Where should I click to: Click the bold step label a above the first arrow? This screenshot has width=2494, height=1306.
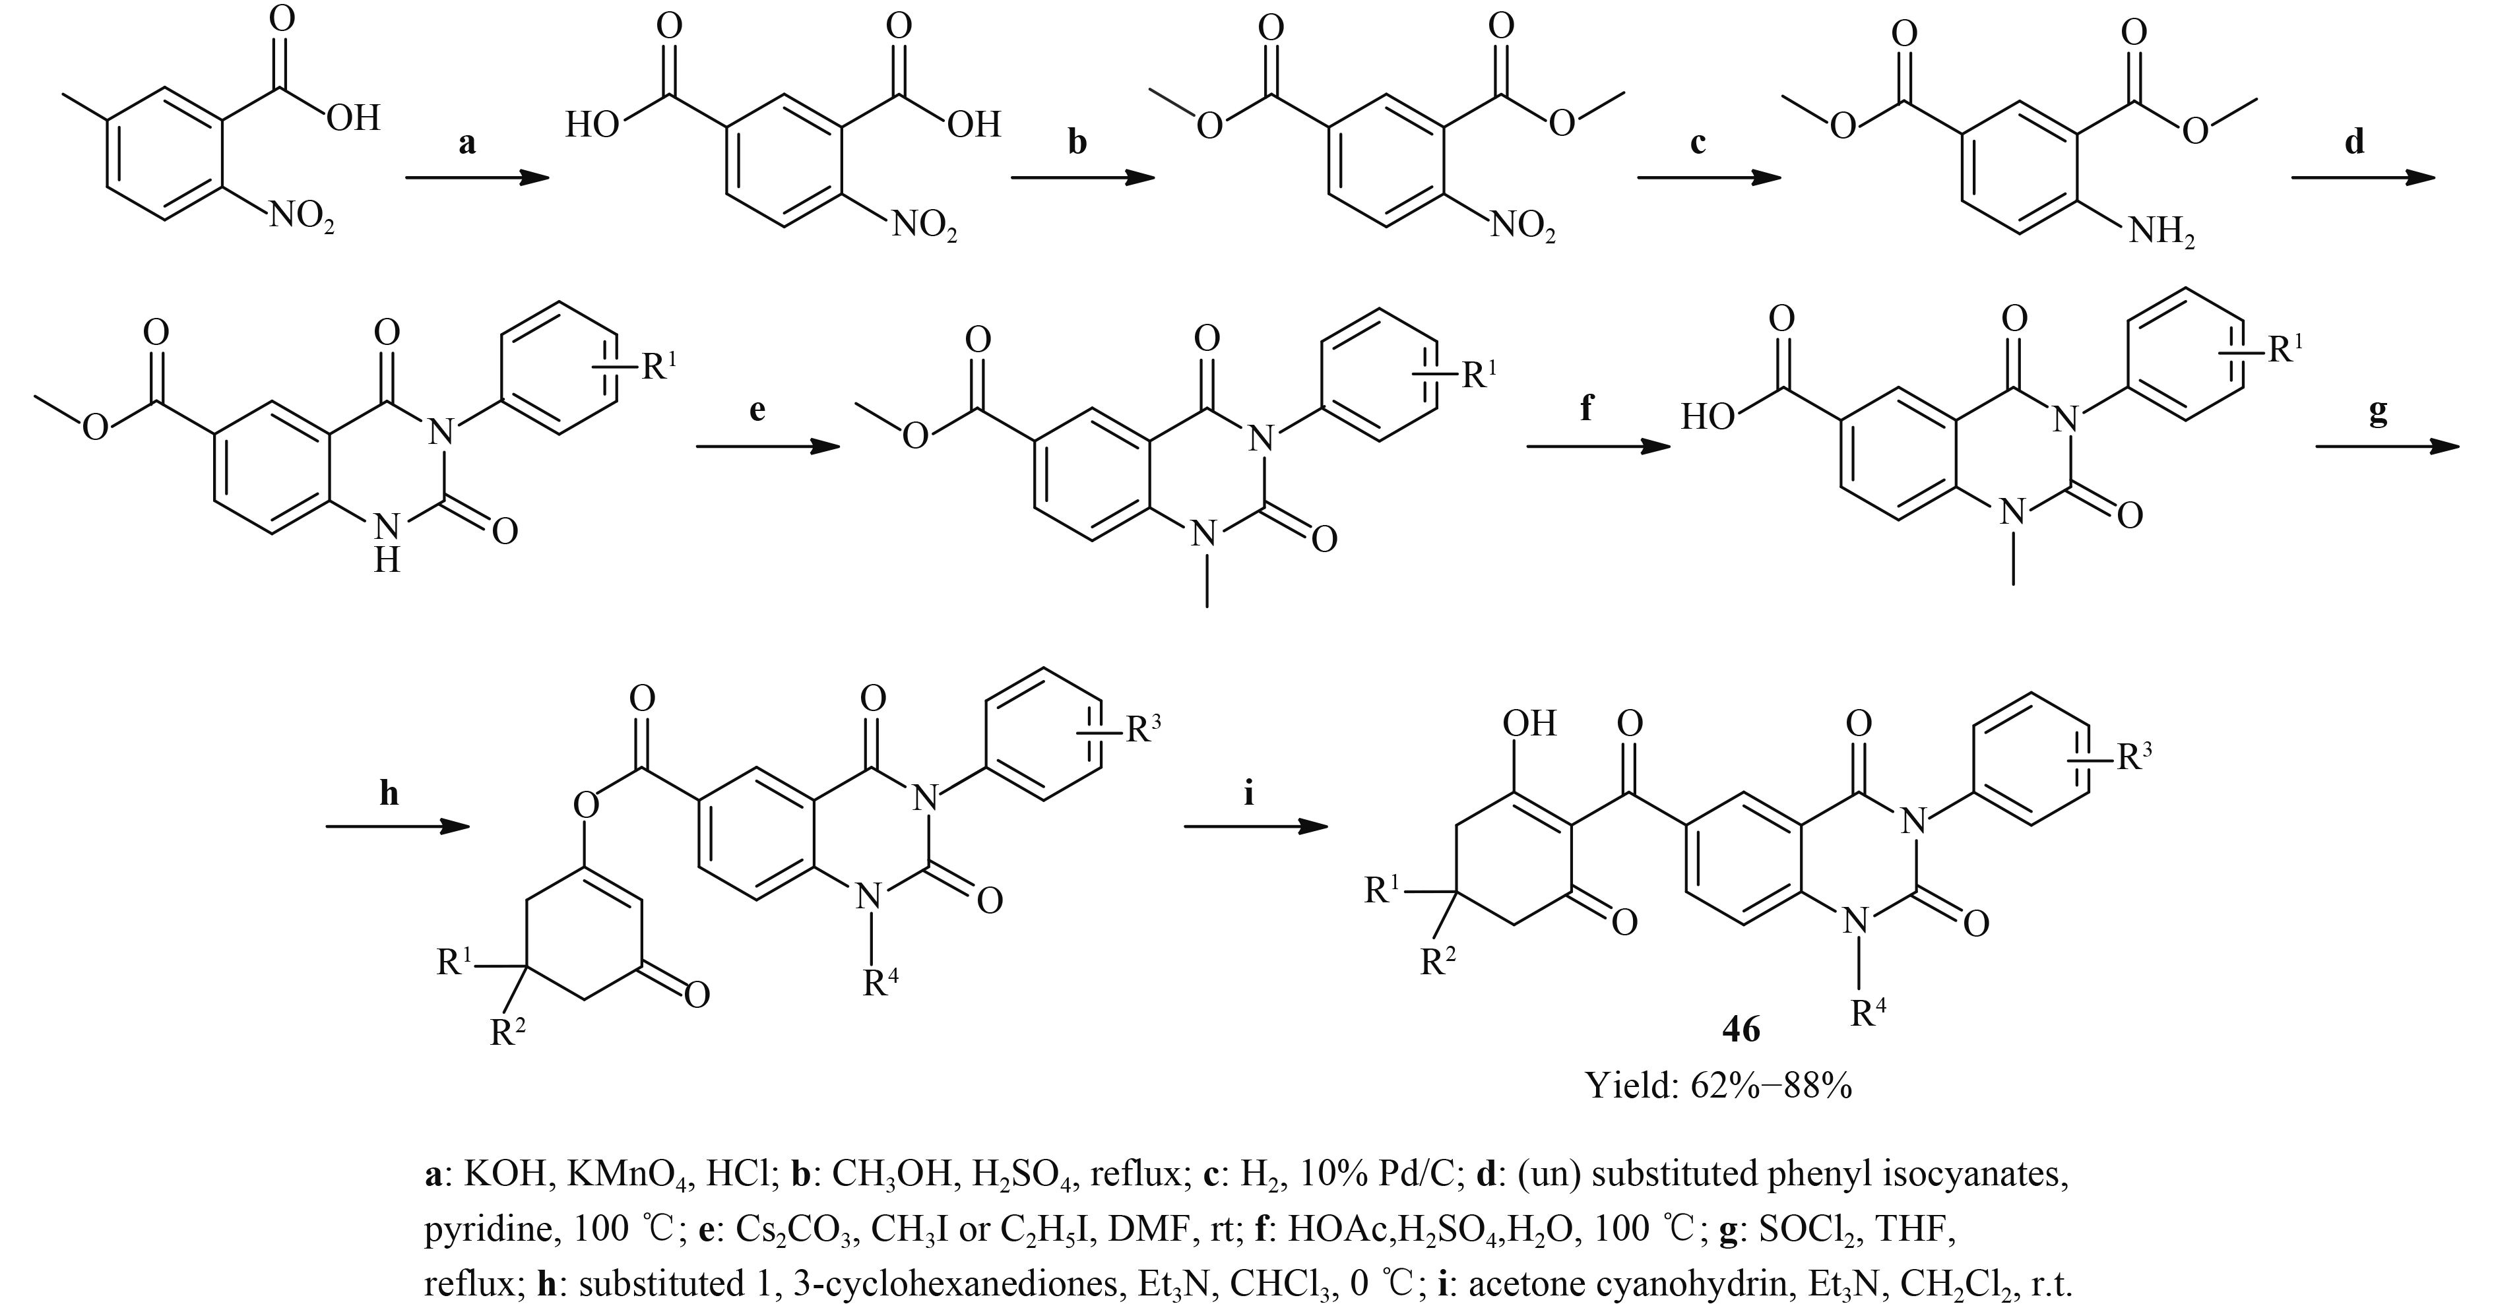pyautogui.click(x=468, y=143)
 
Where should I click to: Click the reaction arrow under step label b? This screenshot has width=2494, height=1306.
pyautogui.click(x=1083, y=178)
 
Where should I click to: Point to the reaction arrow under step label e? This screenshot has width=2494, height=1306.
pyautogui.click(x=767, y=447)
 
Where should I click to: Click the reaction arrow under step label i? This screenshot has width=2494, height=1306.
pyautogui.click(x=1255, y=826)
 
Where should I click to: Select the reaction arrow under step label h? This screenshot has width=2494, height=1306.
pyautogui.click(x=397, y=826)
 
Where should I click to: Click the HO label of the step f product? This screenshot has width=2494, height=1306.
pyautogui.click(x=1709, y=418)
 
